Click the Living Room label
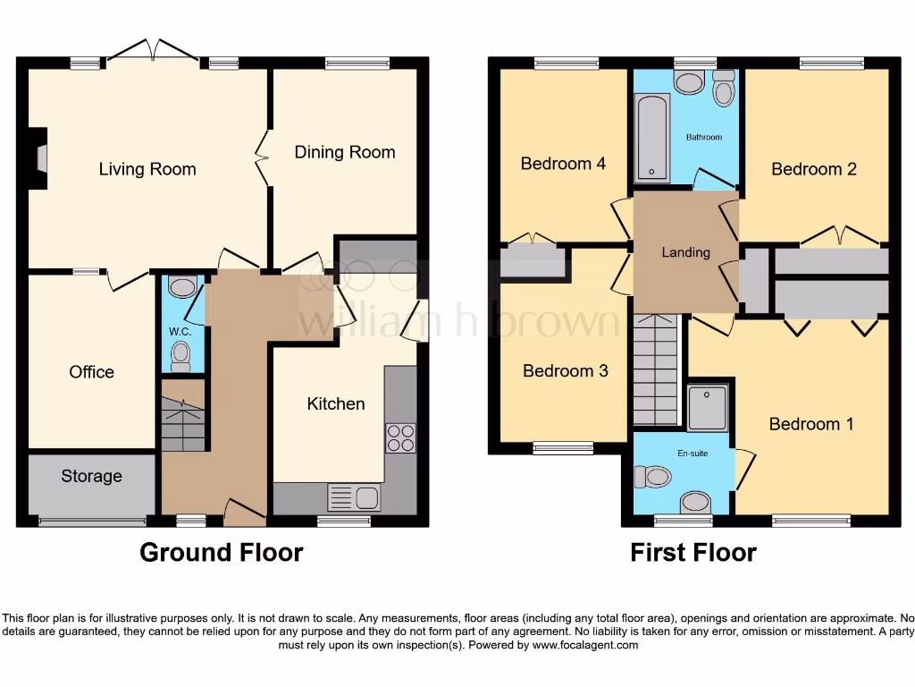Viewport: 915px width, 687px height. click(147, 169)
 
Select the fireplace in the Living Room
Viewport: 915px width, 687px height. click(38, 158)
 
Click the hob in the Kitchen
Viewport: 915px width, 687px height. click(400, 438)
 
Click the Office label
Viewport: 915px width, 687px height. click(91, 372)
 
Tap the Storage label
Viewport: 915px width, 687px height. click(91, 476)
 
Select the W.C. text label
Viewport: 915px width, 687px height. click(180, 331)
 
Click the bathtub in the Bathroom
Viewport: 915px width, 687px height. click(651, 138)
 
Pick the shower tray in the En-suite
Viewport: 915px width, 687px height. click(708, 407)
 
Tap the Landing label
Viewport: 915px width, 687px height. click(685, 252)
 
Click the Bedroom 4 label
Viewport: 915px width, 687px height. click(563, 164)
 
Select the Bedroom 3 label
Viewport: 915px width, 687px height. click(565, 370)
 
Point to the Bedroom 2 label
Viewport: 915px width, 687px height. click(814, 169)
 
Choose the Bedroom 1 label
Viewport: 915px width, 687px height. click(811, 424)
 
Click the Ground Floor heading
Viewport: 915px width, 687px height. click(221, 553)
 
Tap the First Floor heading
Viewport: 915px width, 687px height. click(693, 553)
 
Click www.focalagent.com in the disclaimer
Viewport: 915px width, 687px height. click(584, 645)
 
